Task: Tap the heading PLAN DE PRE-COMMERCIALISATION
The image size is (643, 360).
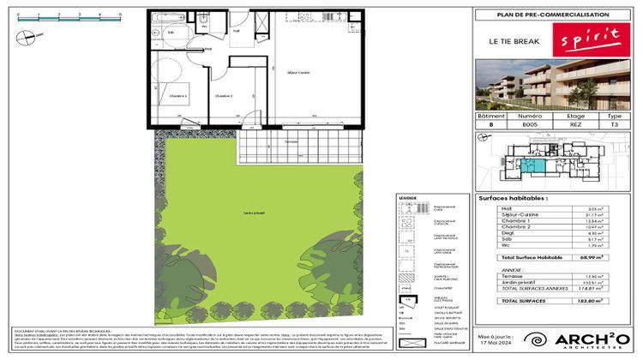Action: point(554,15)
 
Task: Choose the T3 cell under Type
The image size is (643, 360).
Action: point(614,124)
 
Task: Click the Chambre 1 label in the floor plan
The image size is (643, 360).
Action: point(177,95)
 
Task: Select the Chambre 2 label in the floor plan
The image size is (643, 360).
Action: point(225,95)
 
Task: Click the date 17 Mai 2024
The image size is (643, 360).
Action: point(496,345)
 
